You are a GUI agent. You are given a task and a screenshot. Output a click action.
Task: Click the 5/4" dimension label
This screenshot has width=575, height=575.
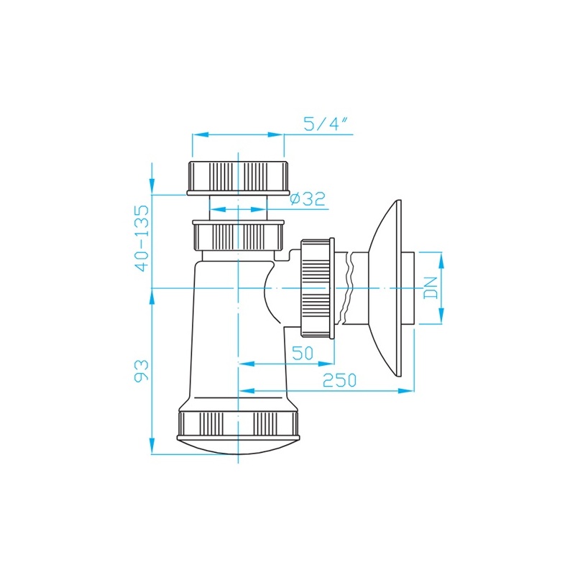pyautogui.click(x=326, y=124)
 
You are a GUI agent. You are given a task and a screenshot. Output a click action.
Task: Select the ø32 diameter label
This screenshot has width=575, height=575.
pyautogui.click(x=308, y=198)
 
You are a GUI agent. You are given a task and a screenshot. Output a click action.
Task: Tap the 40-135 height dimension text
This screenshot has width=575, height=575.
pyautogui.click(x=142, y=238)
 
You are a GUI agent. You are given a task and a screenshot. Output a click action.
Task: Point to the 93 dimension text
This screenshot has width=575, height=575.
pyautogui.click(x=142, y=371)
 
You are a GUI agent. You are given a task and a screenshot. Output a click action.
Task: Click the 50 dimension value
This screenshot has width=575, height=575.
pyautogui.click(x=303, y=353)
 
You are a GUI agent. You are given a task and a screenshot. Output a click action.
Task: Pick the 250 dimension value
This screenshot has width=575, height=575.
pyautogui.click(x=339, y=380)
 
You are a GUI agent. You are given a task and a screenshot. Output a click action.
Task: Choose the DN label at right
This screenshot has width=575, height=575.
pyautogui.click(x=431, y=288)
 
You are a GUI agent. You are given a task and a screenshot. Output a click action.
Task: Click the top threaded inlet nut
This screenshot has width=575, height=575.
pyautogui.click(x=238, y=177)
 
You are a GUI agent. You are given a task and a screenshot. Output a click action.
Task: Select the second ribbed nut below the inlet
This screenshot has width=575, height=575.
pyautogui.click(x=239, y=235)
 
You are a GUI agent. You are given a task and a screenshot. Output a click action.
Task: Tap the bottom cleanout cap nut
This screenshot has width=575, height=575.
pyautogui.click(x=239, y=425)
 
